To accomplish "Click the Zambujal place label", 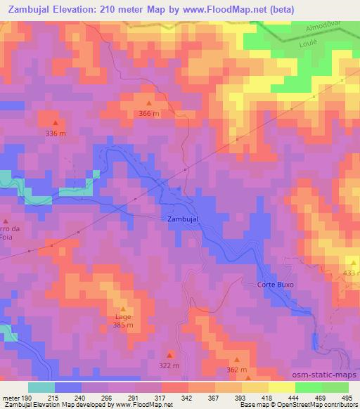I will (184, 219).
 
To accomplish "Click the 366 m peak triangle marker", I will (148, 103).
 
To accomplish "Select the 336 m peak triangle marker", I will (56, 124).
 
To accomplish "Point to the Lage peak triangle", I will (123, 309).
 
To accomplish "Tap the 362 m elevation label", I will (237, 370).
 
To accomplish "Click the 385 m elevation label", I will (123, 325).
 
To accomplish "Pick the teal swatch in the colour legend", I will (41, 387).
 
